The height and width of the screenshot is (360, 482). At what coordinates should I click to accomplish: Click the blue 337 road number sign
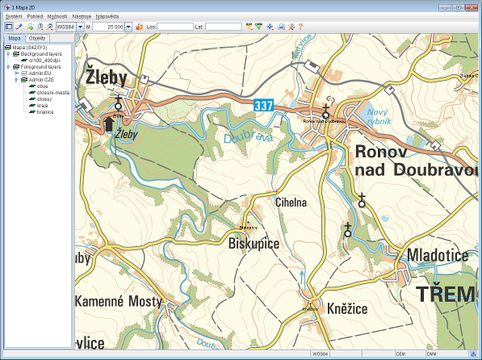coord(263,105)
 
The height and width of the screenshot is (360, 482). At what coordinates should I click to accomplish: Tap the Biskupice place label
coord(254,241)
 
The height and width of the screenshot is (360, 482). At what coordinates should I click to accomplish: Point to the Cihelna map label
coord(291,203)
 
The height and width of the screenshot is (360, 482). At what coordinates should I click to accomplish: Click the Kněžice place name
coord(347,308)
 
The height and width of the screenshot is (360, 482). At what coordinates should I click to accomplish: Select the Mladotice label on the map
coord(438,256)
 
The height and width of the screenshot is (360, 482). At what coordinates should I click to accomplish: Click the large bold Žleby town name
coord(111,78)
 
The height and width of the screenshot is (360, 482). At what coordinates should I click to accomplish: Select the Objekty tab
coord(36,38)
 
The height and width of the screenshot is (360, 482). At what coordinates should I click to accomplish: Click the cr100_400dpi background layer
coord(45,60)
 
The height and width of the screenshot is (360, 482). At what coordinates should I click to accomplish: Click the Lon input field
coord(174,27)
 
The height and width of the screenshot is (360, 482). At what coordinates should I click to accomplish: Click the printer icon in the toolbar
coord(281,27)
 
